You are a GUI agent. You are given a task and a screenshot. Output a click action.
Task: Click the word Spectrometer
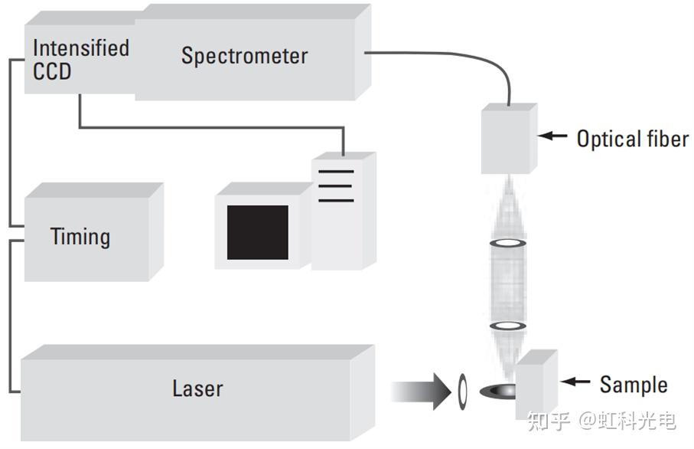244,56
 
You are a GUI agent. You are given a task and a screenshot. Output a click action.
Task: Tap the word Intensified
80,48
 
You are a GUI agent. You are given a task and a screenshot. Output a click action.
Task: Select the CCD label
52,71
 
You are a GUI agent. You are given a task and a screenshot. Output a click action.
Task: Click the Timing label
80,237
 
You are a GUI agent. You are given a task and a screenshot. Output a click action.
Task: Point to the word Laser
197,388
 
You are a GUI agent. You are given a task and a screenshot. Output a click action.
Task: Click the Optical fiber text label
633,139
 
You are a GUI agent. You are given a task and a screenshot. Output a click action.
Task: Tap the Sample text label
634,384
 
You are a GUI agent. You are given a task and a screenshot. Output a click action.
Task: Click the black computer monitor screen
258,232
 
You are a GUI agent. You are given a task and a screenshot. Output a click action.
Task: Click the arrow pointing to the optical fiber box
555,137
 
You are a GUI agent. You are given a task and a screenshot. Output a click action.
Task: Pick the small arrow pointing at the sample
578,382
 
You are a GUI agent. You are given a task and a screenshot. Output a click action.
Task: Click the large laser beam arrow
421,391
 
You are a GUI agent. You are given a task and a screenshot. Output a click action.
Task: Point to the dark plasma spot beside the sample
498,391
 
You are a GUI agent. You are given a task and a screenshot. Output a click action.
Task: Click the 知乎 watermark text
550,420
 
